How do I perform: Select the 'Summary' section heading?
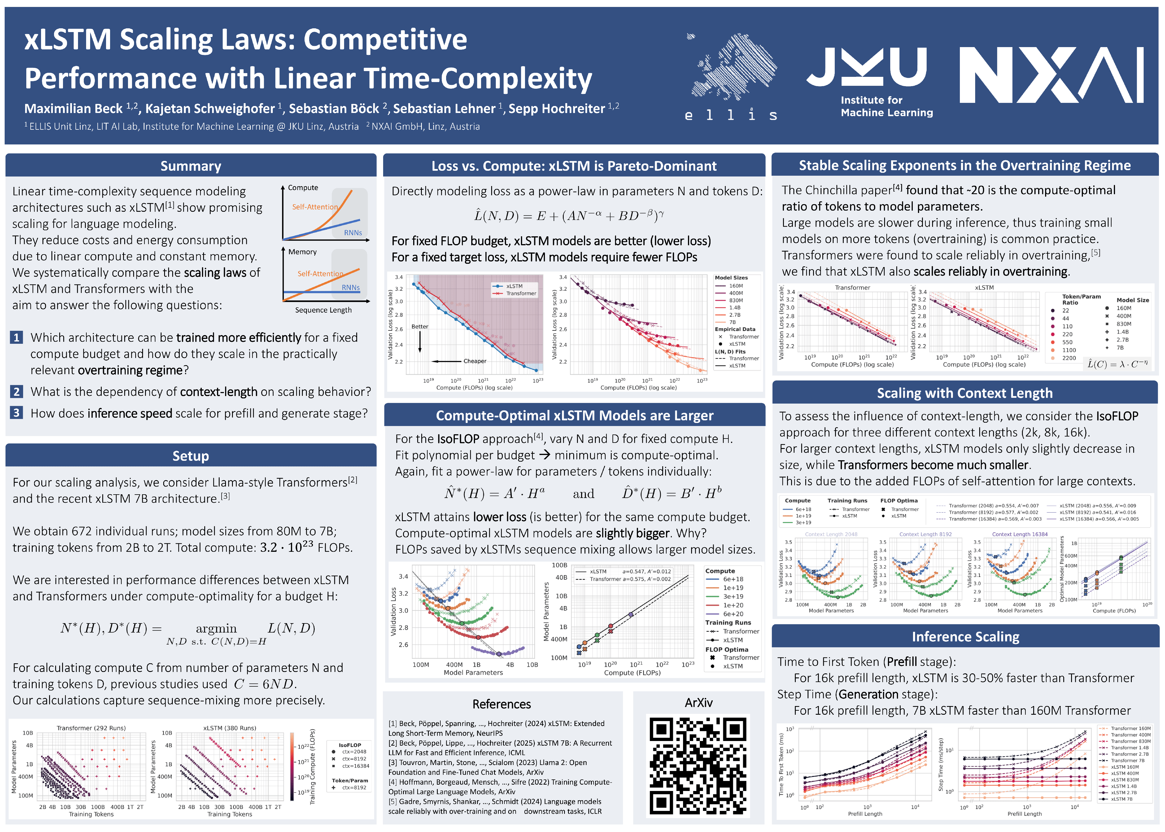191,166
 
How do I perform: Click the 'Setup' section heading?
191,456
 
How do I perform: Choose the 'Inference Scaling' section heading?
965,637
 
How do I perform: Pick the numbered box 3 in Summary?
16,413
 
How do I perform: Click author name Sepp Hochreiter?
556,109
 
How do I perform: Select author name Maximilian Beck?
73,109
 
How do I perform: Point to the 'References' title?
502,704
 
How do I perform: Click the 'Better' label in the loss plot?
420,326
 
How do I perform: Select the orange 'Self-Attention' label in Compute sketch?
315,207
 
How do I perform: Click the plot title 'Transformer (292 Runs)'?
91,728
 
